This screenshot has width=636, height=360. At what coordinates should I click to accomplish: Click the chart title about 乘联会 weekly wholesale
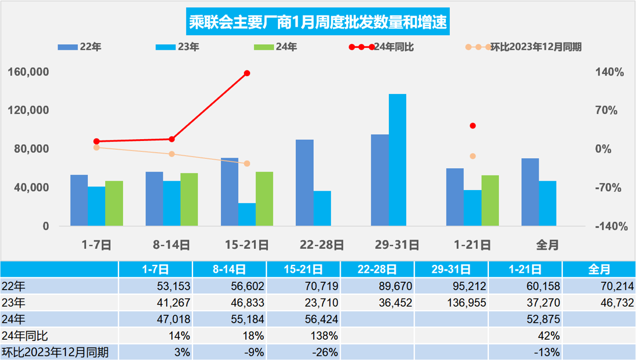pyautogui.click(x=318, y=23)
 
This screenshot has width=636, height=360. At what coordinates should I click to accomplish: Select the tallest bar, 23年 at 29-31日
pyautogui.click(x=397, y=160)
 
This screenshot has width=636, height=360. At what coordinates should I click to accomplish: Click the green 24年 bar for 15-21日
pyautogui.click(x=264, y=198)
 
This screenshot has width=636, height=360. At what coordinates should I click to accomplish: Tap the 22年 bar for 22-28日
pyautogui.click(x=304, y=183)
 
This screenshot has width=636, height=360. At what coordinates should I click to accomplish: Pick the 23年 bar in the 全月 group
pyautogui.click(x=548, y=203)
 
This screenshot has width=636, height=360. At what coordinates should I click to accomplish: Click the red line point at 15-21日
pyautogui.click(x=247, y=73)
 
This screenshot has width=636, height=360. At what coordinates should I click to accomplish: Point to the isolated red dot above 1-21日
pyautogui.click(x=473, y=126)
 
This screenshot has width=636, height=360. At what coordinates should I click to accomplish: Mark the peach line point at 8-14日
pyautogui.click(x=172, y=154)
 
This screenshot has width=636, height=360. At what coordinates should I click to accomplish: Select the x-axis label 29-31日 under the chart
pyautogui.click(x=397, y=245)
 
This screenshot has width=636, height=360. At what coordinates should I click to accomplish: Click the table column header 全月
pyautogui.click(x=599, y=269)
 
